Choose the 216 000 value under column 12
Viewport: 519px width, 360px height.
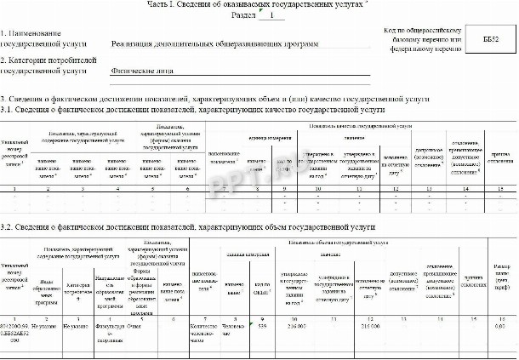point(372,325)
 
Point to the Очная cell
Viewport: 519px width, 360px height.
point(134,325)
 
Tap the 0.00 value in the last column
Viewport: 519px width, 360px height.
point(504,325)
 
